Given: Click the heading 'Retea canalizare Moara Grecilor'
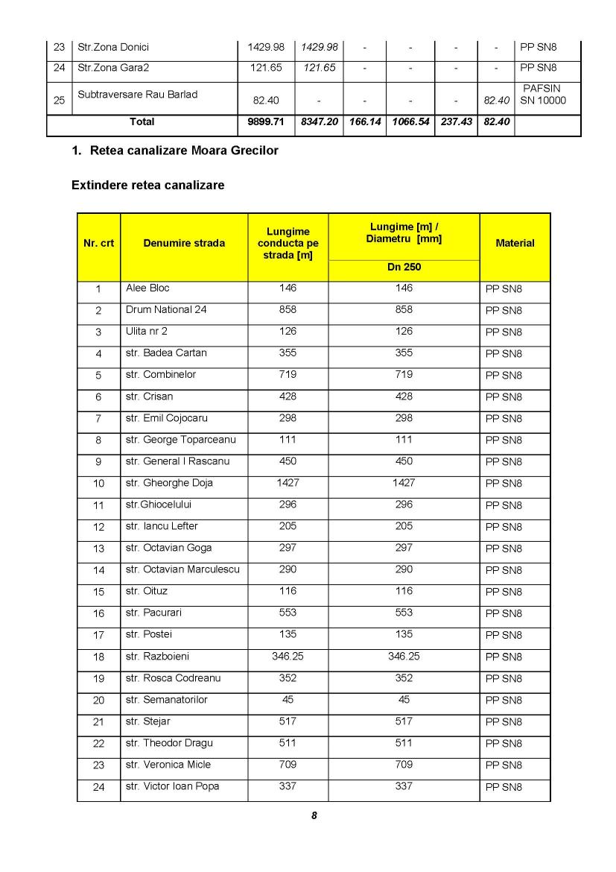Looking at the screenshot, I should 183,151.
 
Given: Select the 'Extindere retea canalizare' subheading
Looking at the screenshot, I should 147,185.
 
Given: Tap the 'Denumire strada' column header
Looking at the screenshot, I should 184,243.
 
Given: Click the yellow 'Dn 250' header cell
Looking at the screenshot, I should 404,266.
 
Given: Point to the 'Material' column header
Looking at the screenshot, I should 515,243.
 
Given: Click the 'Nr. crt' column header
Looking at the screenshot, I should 99,243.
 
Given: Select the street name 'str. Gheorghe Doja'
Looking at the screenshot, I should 169,483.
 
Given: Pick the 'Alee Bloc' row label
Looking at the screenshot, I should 147,288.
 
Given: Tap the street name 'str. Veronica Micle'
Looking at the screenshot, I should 168,765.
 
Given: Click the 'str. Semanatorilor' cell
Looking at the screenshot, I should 167,700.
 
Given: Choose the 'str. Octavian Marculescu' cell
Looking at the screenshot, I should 182,569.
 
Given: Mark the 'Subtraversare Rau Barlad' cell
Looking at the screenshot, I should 138,95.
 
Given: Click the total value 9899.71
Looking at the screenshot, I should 266,121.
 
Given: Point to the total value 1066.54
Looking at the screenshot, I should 410,121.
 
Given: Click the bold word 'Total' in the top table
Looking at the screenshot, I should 142,121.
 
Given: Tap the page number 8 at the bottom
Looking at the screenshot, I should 314,815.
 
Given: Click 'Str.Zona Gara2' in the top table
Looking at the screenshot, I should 113,68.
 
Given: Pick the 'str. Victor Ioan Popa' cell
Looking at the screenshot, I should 173,786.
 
